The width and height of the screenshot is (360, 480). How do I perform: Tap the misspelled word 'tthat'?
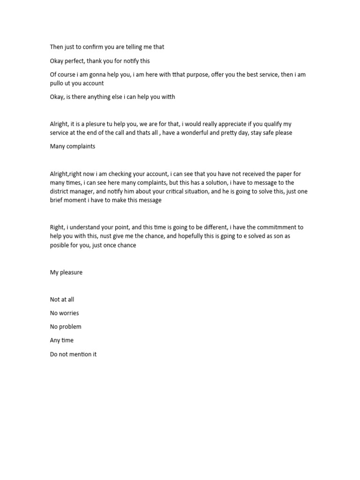coord(180,75)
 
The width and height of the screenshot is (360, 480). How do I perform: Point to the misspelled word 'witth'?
coord(167,97)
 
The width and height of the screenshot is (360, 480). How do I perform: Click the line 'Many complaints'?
coord(73,146)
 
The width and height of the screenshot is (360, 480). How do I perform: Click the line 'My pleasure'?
coord(66,272)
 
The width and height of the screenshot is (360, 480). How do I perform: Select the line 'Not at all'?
coord(62,300)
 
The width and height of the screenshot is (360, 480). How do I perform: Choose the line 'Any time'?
coord(62,340)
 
